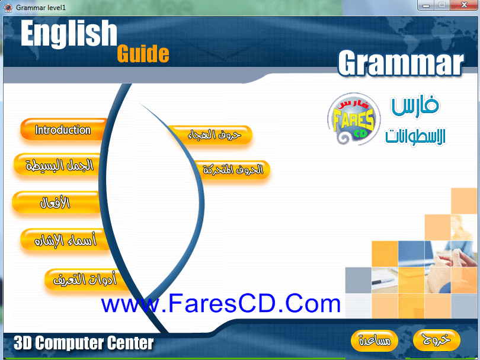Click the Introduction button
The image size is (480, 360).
(x=63, y=130)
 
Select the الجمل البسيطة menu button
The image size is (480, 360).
(x=58, y=165)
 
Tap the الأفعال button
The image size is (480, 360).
(x=56, y=202)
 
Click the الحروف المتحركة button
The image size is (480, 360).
(x=233, y=169)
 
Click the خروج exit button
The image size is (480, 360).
(x=437, y=340)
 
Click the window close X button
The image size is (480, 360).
(x=464, y=5)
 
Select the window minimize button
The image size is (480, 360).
(x=426, y=5)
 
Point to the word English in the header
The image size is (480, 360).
(x=69, y=33)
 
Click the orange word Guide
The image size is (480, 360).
(x=143, y=54)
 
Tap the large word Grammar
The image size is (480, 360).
(x=401, y=63)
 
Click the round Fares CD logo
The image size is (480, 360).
(x=354, y=118)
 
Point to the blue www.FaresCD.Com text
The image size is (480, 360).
(x=220, y=303)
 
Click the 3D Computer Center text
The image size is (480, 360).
(x=84, y=343)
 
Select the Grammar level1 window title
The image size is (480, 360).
(x=41, y=7)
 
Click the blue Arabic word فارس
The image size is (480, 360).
(x=415, y=105)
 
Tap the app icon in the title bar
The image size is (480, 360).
(x=8, y=7)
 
